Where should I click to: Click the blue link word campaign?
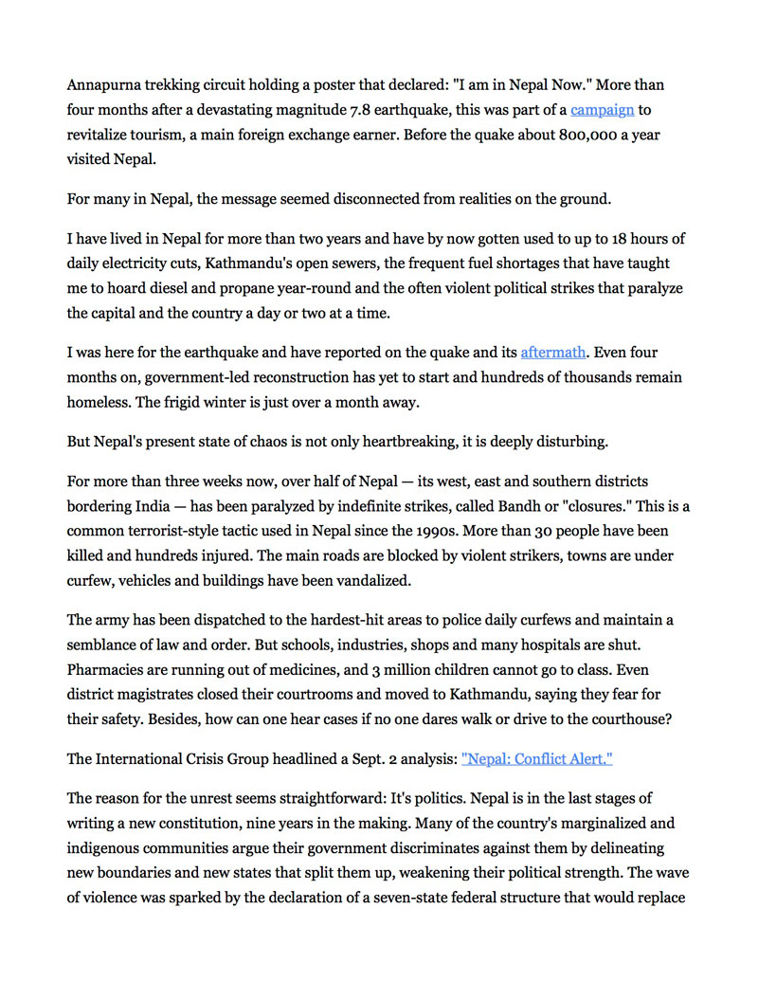pos(602,110)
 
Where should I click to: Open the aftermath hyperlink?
pos(552,353)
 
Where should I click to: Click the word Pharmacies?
pos(105,669)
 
